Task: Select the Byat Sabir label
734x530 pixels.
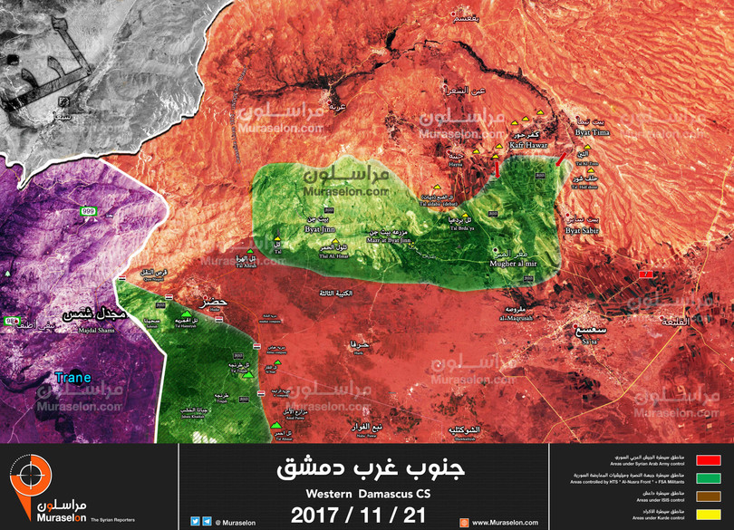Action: click(x=582, y=231)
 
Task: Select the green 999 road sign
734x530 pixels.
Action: click(x=88, y=210)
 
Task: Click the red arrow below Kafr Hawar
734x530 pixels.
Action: click(x=496, y=165)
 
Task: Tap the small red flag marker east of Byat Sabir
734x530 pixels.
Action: click(x=645, y=273)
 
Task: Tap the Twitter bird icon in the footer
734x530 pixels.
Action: click(x=196, y=521)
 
